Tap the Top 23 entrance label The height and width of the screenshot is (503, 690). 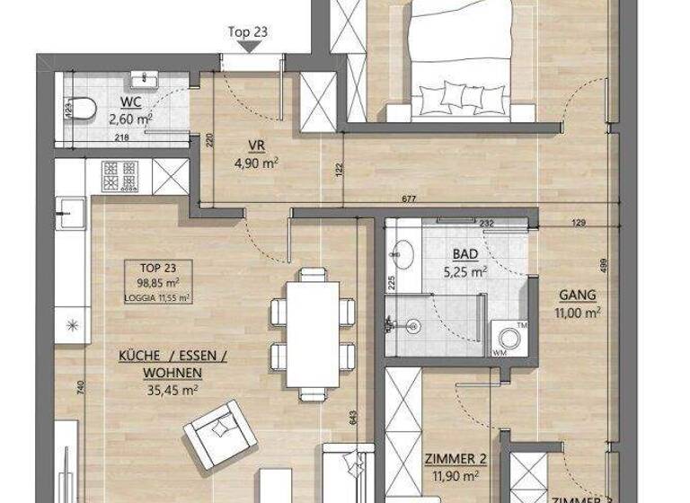[x=248, y=32]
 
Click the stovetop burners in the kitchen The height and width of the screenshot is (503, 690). [x=119, y=175]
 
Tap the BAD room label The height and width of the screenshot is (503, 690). [x=466, y=253]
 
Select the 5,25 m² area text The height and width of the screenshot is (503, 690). [x=466, y=269]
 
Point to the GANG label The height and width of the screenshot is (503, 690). [x=577, y=295]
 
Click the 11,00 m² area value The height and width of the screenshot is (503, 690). [x=578, y=312]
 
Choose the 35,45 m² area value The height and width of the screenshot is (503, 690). [x=172, y=389]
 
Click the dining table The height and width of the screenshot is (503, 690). [x=313, y=333]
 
